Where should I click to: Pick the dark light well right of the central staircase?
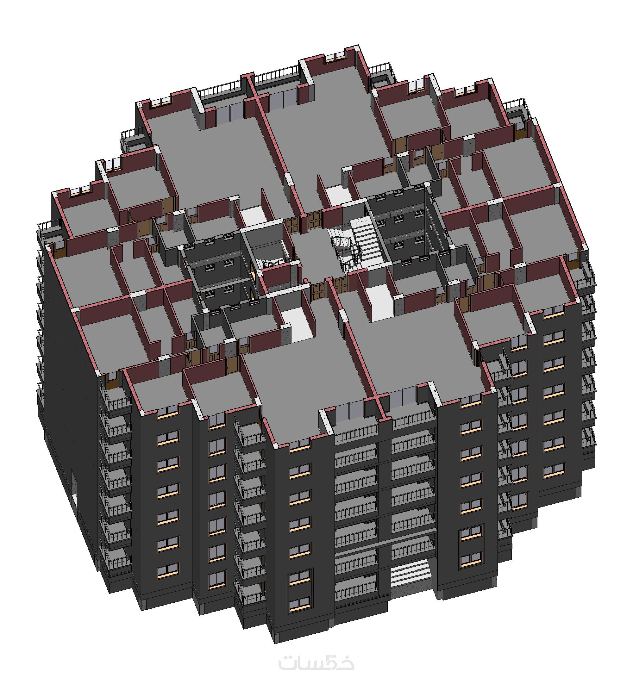[x=403, y=226]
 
